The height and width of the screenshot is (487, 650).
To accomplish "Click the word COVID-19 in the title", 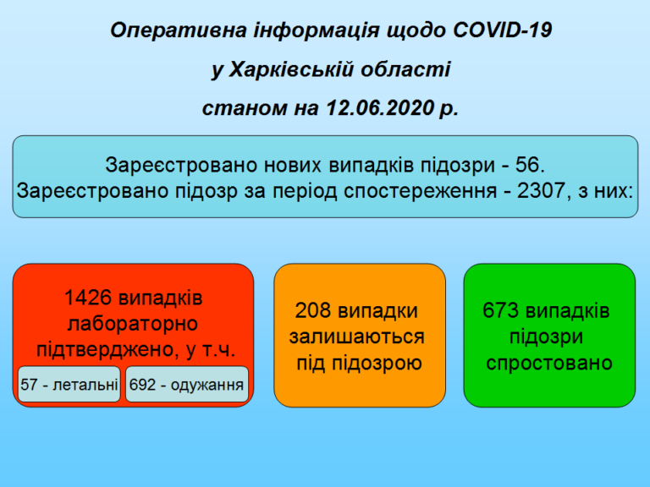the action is coord(503,30).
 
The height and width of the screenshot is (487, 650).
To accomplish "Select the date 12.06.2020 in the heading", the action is coord(380,107).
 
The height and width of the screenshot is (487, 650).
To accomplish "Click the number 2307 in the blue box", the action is coord(541,190).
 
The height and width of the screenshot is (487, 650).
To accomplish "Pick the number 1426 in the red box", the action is coord(88,298).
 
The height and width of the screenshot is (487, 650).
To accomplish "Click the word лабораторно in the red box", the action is coord(133,324).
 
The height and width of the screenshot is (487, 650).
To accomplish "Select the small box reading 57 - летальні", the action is coord(69,385).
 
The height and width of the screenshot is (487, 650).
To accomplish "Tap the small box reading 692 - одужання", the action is coord(187,385).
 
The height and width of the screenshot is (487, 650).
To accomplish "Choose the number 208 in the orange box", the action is coord(313,310).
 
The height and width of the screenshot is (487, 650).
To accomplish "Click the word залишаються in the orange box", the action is coord(357,337).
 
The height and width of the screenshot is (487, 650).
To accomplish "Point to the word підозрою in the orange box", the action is coord(377,364).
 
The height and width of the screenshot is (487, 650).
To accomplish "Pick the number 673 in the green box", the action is coord(501,310).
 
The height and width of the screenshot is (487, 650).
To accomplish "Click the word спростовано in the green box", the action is coord(549,364).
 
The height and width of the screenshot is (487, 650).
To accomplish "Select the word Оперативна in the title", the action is coord(179,30).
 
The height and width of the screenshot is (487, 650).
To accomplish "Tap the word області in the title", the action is coord(405,68).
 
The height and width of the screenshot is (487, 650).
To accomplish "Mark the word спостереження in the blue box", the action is coord(421,191).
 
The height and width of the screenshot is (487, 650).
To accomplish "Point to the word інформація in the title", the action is coord(317,30).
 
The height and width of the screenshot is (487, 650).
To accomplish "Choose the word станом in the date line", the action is coord(245,108).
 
